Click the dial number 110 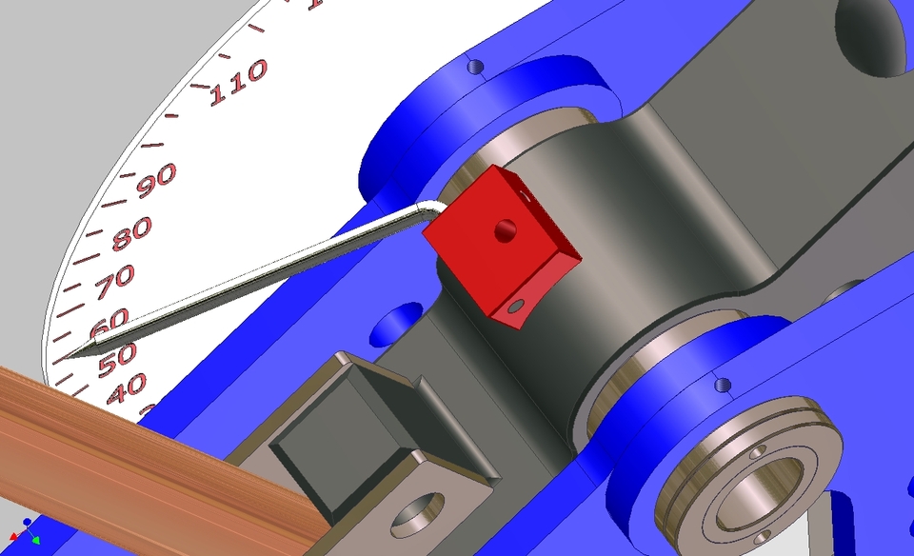238,83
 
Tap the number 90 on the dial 156,179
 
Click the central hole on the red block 505,228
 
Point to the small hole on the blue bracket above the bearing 723,386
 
